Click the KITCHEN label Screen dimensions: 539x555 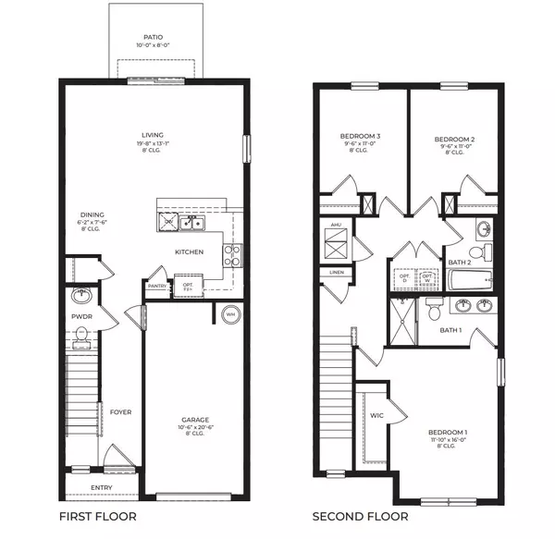(x=190, y=251)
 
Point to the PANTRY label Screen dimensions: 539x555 (x=157, y=287)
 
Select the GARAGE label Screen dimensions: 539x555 (x=195, y=419)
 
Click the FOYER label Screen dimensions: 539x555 (x=120, y=412)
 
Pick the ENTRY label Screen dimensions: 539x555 (x=102, y=487)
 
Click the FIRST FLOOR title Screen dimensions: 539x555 (x=97, y=517)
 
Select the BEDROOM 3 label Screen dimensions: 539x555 (x=361, y=137)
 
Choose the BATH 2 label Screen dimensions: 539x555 (x=460, y=263)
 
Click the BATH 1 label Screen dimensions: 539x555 (x=450, y=330)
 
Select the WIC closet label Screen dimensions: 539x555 (x=376, y=415)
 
